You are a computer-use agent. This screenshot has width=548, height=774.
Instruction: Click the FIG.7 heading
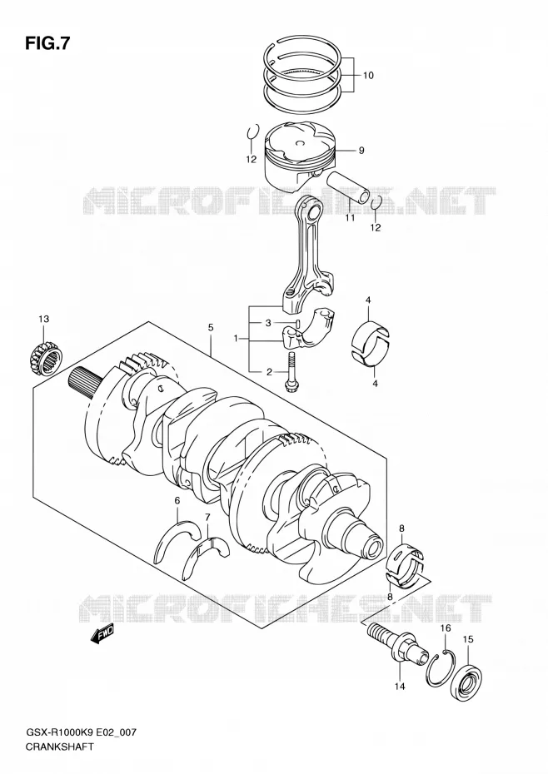click(x=47, y=44)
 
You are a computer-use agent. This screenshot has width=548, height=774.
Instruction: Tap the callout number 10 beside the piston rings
click(x=368, y=76)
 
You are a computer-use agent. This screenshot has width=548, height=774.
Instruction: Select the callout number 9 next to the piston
click(x=361, y=150)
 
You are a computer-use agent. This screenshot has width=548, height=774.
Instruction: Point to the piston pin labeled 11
click(x=348, y=186)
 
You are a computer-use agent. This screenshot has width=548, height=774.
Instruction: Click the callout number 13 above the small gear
click(x=44, y=320)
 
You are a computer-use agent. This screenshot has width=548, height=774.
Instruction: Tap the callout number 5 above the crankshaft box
click(x=211, y=327)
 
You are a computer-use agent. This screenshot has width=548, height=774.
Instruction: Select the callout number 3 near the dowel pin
click(x=268, y=323)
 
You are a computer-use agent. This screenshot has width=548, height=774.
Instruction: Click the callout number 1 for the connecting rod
click(x=237, y=339)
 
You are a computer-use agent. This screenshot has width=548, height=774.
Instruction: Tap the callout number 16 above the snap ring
click(x=446, y=628)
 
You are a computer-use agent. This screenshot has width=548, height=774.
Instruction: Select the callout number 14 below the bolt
click(x=399, y=686)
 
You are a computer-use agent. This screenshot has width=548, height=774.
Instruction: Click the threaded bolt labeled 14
click(x=398, y=643)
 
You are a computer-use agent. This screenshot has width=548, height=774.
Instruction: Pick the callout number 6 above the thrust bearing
click(x=177, y=501)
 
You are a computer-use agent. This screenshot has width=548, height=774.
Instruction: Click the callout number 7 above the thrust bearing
click(x=207, y=518)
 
